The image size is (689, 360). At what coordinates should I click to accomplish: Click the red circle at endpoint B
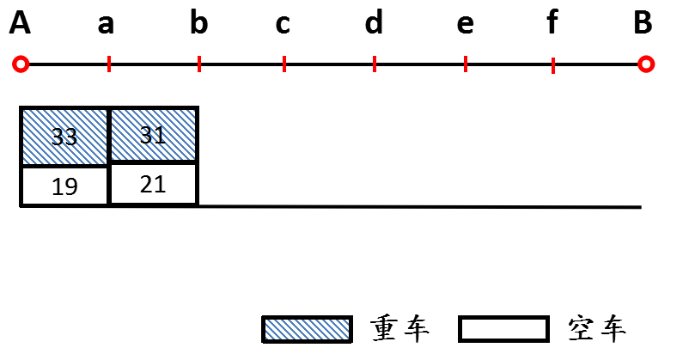pos(647,64)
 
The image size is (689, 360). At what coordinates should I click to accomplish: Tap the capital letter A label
pos(21,24)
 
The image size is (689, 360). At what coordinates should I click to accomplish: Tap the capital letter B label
pos(643,24)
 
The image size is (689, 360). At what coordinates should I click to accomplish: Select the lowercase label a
pos(106,25)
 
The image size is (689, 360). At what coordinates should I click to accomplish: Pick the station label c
pos(283,25)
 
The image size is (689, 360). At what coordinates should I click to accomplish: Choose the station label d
pos(374,24)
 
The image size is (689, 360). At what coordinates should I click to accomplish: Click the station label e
pos(465,25)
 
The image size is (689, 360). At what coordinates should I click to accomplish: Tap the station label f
pos(552,24)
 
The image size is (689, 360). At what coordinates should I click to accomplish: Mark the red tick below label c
pos(284,64)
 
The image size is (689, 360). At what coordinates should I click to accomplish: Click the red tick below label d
pos(375,64)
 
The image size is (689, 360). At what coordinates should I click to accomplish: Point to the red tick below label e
pos(466,64)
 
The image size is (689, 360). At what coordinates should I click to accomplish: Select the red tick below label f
pos(552,64)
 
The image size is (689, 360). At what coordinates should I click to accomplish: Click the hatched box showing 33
pos(65,136)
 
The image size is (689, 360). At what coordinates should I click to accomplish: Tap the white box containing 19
pos(65,186)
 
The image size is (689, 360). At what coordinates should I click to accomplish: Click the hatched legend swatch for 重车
pos(308,329)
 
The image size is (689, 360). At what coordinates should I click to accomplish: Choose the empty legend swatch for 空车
pos(504,329)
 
